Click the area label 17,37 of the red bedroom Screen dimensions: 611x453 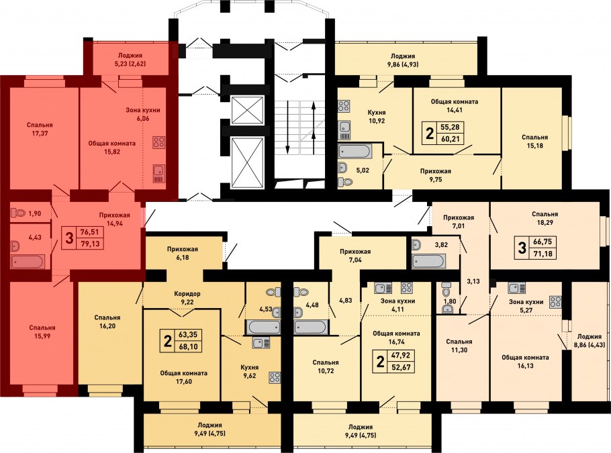[x=40, y=134]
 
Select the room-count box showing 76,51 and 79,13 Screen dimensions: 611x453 [x=83, y=238]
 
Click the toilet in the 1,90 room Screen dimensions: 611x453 [x=18, y=213]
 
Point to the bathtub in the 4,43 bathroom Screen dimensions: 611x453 [x=28, y=262]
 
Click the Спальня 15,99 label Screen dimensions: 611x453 [x=42, y=332]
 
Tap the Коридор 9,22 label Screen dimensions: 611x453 [x=187, y=297]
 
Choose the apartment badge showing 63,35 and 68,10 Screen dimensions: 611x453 [x=181, y=340]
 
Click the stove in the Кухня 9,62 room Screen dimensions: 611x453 [x=275, y=379]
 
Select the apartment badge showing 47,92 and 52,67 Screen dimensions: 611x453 [x=393, y=362]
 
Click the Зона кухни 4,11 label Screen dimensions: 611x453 [x=397, y=305]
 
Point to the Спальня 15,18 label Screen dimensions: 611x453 [x=534, y=142]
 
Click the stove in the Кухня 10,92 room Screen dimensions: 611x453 [x=344, y=106]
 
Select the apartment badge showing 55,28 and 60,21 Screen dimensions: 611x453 [x=443, y=133]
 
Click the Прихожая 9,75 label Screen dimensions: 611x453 [x=435, y=175]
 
